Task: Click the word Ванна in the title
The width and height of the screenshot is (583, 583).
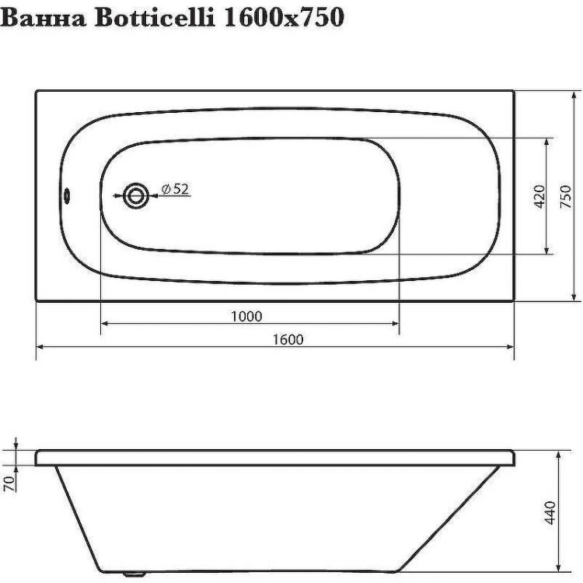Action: pos(47,17)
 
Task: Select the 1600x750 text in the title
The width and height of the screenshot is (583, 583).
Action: pos(284,17)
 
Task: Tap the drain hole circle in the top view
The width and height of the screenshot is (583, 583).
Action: pos(136,195)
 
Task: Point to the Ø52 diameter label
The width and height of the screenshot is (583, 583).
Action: pos(176,188)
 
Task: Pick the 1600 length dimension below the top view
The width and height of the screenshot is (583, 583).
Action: pos(288,339)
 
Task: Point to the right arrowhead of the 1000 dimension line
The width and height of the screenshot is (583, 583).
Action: pos(395,324)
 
